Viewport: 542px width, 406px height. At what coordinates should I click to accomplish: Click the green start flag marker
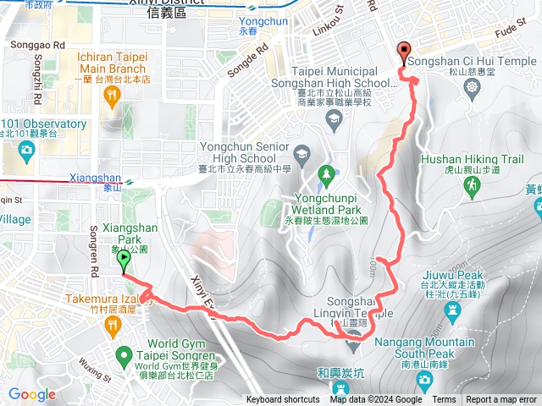[x=124, y=260]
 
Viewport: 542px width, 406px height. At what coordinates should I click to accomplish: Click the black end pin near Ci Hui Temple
[x=403, y=52]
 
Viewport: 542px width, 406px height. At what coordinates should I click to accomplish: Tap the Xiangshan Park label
[x=125, y=233]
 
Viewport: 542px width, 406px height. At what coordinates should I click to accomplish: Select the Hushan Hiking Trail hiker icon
[x=467, y=184]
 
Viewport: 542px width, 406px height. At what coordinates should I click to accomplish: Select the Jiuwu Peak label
[x=460, y=275]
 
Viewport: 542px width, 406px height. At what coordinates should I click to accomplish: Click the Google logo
[x=32, y=394]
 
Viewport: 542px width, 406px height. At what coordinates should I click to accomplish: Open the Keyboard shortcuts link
[x=283, y=400]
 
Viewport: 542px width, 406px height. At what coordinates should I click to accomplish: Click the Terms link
[x=443, y=400]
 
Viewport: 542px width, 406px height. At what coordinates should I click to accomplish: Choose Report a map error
[x=501, y=400]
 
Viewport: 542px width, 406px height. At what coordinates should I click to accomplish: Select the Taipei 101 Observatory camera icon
[x=26, y=151]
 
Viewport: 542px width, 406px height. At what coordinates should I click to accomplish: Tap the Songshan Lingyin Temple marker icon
[x=353, y=342]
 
